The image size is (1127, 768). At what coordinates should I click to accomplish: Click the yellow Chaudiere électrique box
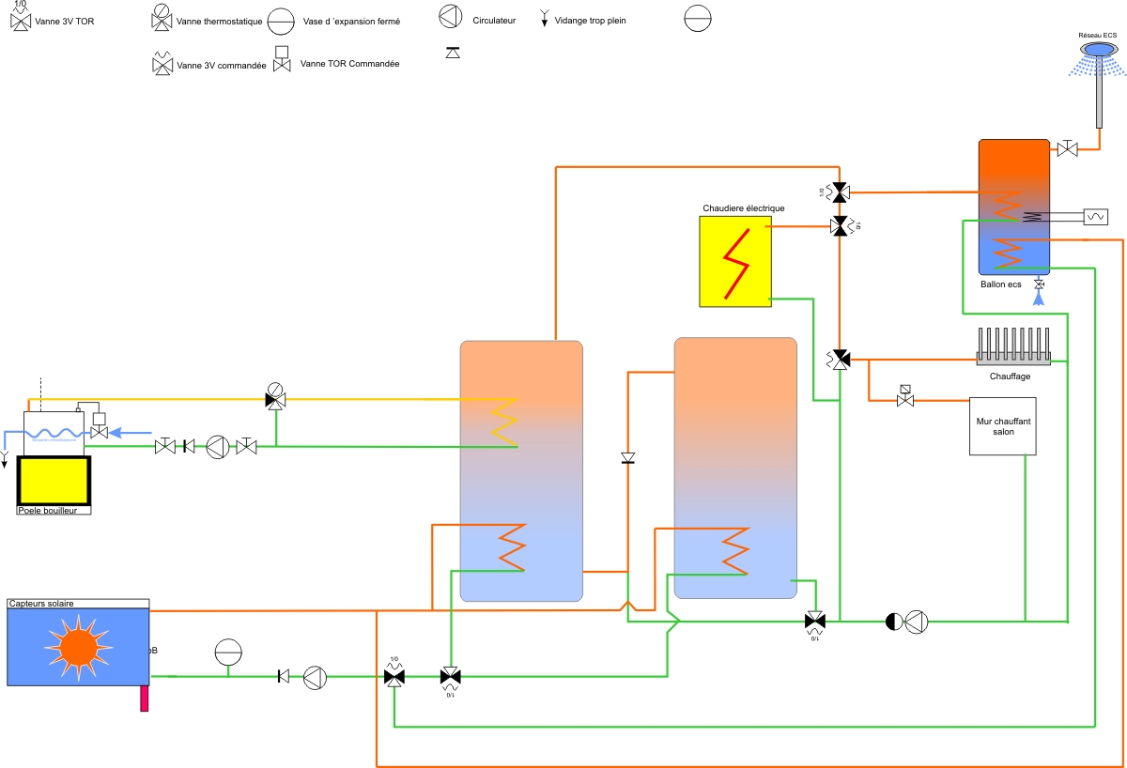point(734,261)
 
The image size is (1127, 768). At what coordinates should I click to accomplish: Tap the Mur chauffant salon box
point(1003,427)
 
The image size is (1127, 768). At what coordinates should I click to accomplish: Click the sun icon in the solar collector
point(78,645)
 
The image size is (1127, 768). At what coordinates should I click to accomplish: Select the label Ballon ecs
point(1000,284)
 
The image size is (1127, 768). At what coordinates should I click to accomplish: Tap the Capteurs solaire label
point(41,604)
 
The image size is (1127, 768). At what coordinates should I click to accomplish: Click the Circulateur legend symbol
point(452,17)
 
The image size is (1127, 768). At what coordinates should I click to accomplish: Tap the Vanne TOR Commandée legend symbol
point(281,60)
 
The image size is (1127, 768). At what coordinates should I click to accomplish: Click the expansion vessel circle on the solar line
point(228,651)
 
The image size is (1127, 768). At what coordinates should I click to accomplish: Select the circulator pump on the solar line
point(315,677)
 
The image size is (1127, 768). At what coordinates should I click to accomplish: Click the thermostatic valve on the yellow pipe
point(275,397)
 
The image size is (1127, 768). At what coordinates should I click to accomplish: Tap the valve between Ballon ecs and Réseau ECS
point(1068,148)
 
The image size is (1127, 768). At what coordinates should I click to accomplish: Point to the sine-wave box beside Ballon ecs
point(1095,217)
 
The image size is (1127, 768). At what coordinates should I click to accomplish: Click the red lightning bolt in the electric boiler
point(735,262)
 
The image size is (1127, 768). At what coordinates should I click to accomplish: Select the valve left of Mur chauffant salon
point(905,398)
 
